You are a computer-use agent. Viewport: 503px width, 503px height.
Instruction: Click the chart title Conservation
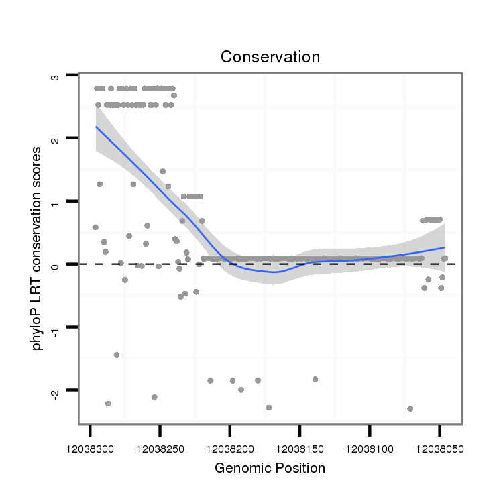pyautogui.click(x=270, y=57)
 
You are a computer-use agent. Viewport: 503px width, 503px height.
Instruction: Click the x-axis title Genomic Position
pyautogui.click(x=270, y=468)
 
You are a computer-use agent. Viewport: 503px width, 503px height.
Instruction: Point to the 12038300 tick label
pyautogui.click(x=90, y=445)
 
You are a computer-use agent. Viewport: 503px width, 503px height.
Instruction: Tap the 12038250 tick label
pyautogui.click(x=160, y=445)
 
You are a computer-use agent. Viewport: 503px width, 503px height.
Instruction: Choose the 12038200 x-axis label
pyautogui.click(x=230, y=445)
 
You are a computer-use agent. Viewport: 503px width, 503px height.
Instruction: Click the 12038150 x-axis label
pyautogui.click(x=300, y=445)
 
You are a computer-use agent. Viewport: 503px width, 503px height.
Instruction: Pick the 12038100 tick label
pyautogui.click(x=370, y=445)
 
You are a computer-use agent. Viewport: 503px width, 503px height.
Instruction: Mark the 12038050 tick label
pyautogui.click(x=439, y=445)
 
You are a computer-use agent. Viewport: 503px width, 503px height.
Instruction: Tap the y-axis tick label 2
pyautogui.click(x=56, y=139)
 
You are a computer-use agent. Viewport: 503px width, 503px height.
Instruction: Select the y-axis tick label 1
pyautogui.click(x=56, y=202)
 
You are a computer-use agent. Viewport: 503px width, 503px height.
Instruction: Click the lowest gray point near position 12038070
pyautogui.click(x=410, y=408)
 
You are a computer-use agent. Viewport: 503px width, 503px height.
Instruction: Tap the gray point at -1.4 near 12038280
pyautogui.click(x=116, y=355)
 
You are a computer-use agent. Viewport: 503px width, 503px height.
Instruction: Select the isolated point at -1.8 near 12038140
pyautogui.click(x=315, y=379)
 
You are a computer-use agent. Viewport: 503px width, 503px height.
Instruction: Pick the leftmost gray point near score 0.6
pyautogui.click(x=95, y=227)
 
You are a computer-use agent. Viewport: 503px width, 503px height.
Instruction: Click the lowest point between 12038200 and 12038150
pyautogui.click(x=269, y=407)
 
